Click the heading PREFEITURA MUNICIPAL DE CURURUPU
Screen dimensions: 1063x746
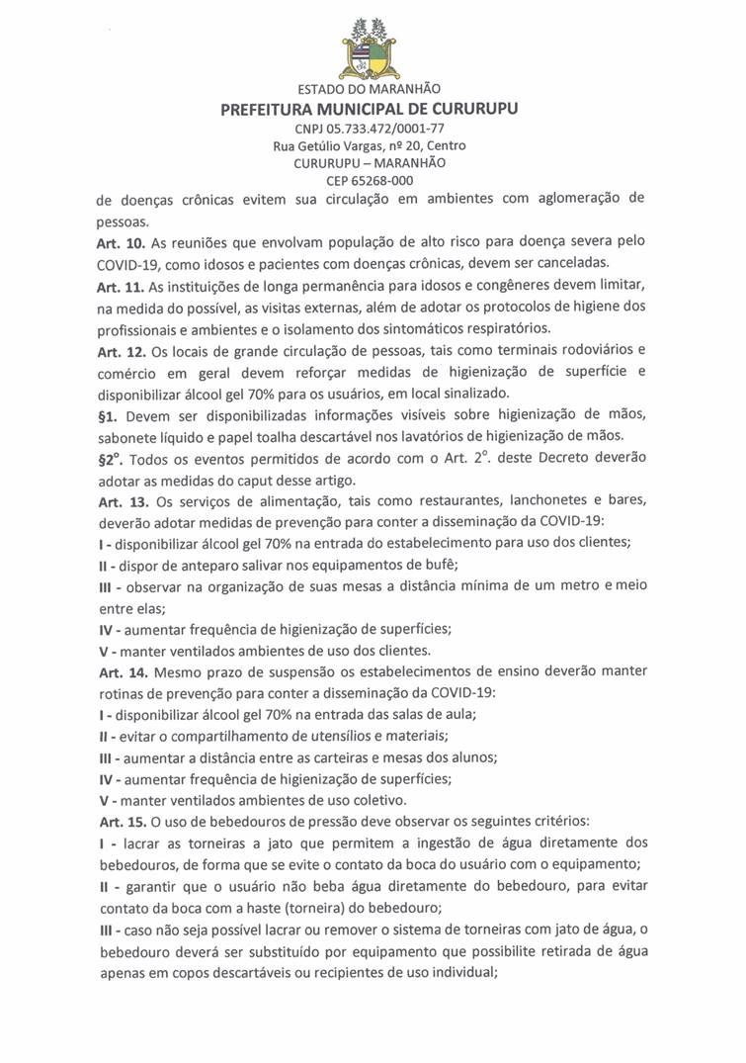370,110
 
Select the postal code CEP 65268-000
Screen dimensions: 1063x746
370,180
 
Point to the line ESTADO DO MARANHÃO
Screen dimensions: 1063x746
370,91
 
